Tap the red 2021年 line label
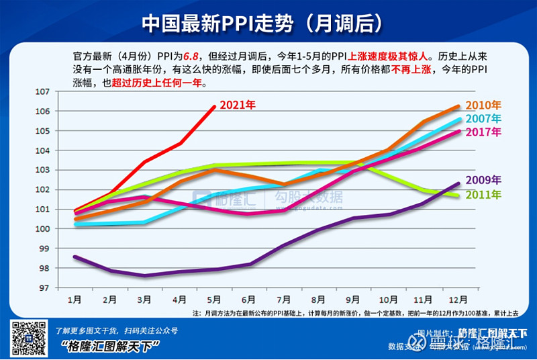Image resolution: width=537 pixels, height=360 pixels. pos(238,105)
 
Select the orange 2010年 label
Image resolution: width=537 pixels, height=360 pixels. pos(483,105)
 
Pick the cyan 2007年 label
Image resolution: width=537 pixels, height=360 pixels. pos(483,118)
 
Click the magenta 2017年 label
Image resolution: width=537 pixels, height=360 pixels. pos(483,132)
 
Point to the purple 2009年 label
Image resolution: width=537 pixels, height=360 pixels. pos(483,180)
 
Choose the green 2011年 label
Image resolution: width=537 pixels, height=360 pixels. pos(483,195)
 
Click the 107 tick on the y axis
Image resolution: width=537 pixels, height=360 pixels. pos(61,91)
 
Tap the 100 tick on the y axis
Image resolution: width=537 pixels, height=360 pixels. pos(61,229)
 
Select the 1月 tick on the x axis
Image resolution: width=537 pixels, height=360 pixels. pos(75,299)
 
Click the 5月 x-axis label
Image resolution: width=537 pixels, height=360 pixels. pos(213,299)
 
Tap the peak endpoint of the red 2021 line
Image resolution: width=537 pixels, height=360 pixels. pos(214,106)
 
